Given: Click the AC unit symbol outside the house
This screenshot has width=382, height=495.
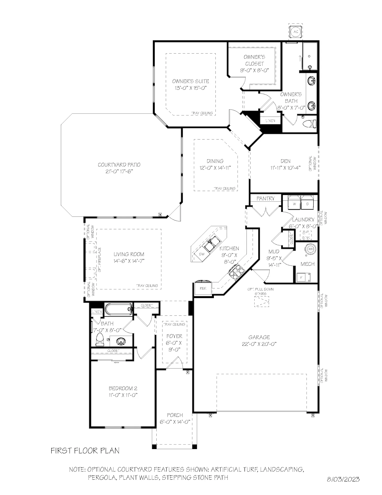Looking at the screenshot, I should coord(296,32).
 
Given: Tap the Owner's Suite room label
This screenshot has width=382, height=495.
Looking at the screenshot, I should coord(190,81).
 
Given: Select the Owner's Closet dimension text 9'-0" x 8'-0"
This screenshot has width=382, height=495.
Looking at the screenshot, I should coord(254,70).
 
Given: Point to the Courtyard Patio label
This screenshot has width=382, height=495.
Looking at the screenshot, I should coord(119,165).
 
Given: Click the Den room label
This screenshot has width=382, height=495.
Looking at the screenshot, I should coord(285,161).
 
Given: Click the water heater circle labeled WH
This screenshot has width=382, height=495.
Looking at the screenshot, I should coord(310,248).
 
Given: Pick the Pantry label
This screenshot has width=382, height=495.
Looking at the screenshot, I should coord(266,198).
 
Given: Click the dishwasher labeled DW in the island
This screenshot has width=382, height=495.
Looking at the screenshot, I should coord(202,254).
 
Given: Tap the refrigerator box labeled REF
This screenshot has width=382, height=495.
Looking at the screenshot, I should coord(203,288).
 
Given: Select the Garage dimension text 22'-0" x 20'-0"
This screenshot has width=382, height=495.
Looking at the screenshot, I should coord(259,344).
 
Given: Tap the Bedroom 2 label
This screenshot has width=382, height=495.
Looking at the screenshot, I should coord(123,388).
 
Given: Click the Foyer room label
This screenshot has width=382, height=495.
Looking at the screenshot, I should coord(174,336).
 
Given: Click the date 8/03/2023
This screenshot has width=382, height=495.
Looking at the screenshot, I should coord(343,479).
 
